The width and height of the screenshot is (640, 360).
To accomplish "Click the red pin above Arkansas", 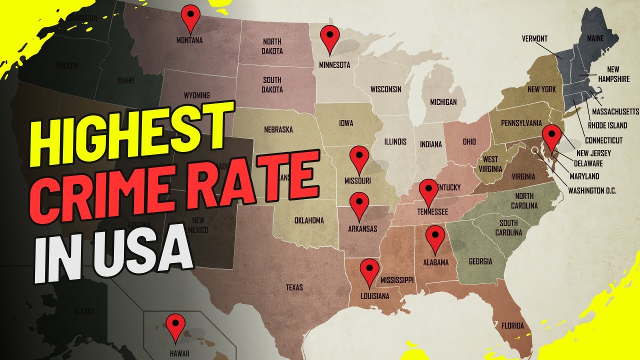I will tap(359, 204).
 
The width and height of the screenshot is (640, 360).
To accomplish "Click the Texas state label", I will tap(294, 287).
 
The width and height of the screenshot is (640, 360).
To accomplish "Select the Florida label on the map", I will tap(512, 326).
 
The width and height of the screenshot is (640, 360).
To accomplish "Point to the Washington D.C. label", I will tap(592, 190).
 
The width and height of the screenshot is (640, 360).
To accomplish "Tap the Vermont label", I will tap(534, 38).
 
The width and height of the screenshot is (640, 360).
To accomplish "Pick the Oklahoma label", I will tap(308, 220).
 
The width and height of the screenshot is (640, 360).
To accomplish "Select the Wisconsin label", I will tap(385, 89).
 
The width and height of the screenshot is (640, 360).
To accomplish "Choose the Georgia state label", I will tap(480, 261).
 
